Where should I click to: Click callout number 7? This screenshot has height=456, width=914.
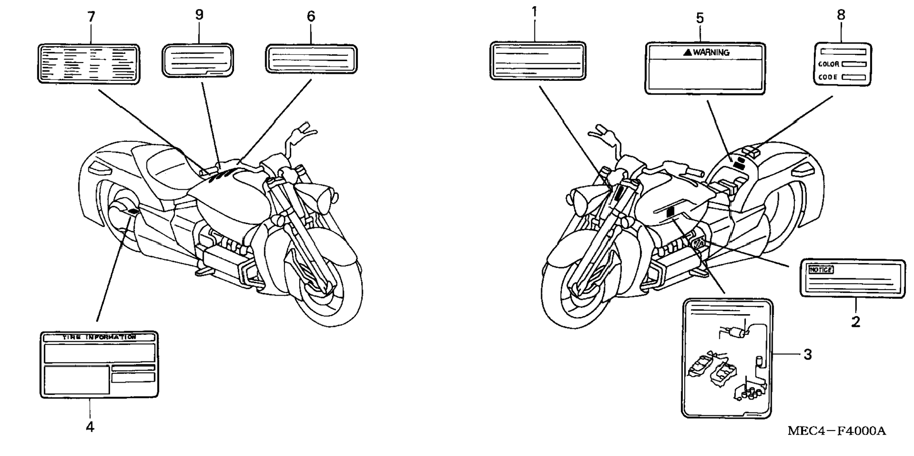(91, 17)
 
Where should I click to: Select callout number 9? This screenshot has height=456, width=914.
(199, 15)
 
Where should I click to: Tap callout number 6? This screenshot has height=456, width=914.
(310, 17)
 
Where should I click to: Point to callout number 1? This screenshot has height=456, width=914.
(535, 12)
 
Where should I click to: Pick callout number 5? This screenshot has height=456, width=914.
(700, 18)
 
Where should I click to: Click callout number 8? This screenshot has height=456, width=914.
(841, 15)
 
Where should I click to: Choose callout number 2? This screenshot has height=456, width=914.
(855, 322)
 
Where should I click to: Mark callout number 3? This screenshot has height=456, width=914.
(808, 354)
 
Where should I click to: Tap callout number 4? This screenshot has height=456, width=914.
(90, 427)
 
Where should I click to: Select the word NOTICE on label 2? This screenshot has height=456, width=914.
(821, 270)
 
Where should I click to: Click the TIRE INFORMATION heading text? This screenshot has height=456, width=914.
(99, 337)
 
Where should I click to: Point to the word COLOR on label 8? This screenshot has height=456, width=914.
(828, 64)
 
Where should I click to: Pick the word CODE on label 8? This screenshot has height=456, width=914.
(828, 77)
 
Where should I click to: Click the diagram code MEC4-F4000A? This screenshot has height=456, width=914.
(836, 431)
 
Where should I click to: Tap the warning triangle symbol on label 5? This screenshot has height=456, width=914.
(688, 53)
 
